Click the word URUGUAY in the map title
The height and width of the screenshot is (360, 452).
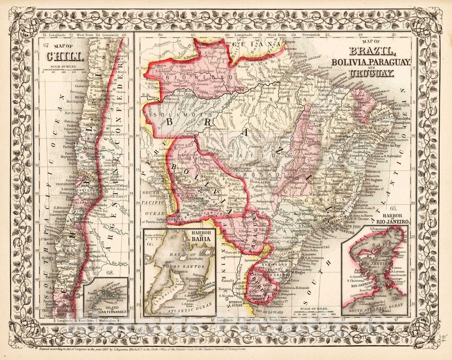[371, 74]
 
